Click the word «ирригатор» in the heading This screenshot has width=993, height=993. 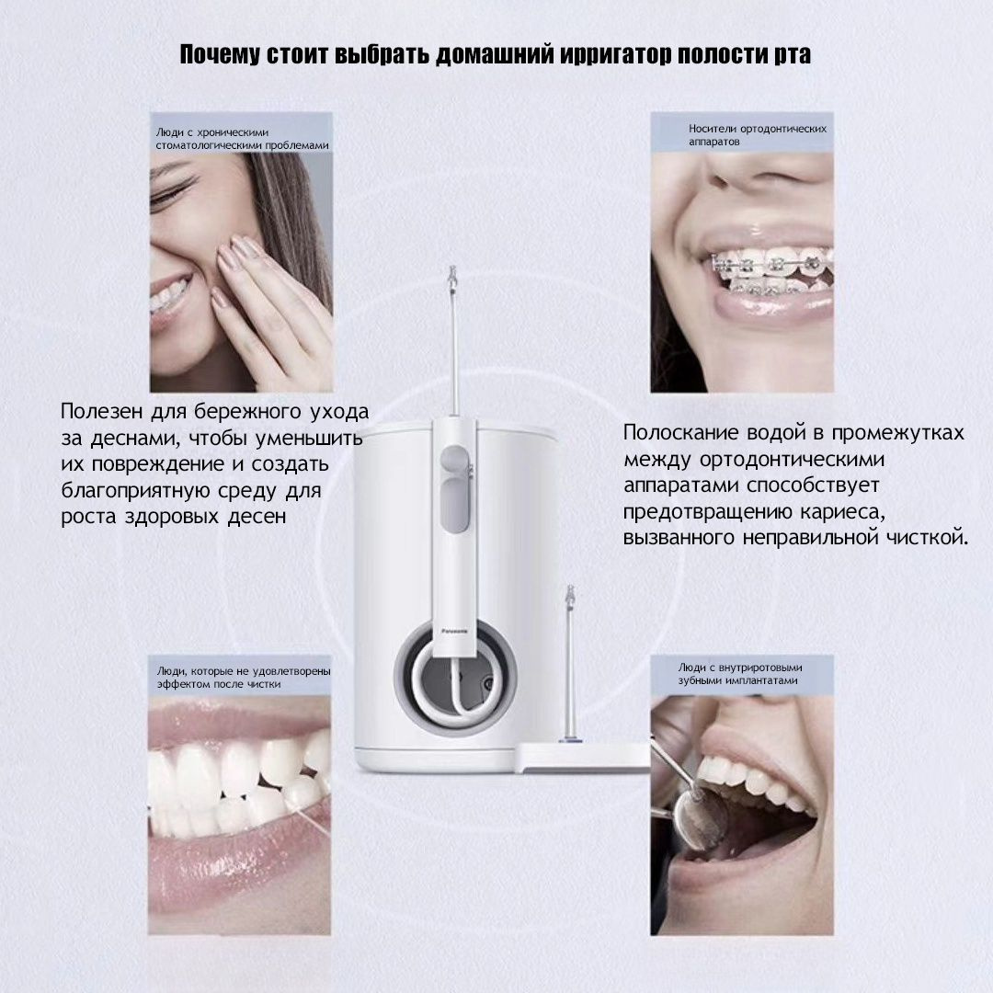614,55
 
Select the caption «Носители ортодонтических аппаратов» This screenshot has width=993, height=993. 758,135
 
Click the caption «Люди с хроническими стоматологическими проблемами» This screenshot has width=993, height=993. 242,139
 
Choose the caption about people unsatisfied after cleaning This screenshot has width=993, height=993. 243,678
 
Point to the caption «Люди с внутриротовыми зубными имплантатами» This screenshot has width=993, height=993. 739,674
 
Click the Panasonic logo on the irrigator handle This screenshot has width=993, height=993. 453,631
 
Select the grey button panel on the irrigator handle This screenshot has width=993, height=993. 455,487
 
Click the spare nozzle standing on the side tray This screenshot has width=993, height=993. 570,663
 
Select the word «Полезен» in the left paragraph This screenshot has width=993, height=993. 101,412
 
